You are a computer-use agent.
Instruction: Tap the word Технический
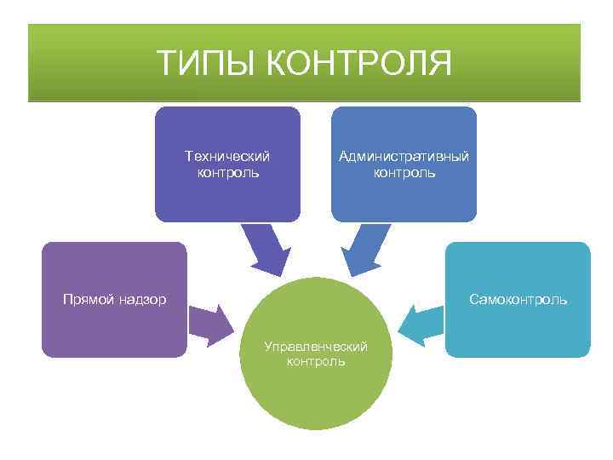coord(227,156)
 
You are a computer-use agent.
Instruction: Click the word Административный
coord(404,156)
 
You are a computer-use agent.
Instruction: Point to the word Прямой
coord(88,299)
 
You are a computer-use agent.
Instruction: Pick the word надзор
coord(141,299)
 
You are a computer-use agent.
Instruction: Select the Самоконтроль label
coord(518,299)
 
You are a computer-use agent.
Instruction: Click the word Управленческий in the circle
coord(316,347)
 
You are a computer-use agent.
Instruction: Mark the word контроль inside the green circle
coord(316,361)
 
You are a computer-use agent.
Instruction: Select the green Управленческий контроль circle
coord(316,392)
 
